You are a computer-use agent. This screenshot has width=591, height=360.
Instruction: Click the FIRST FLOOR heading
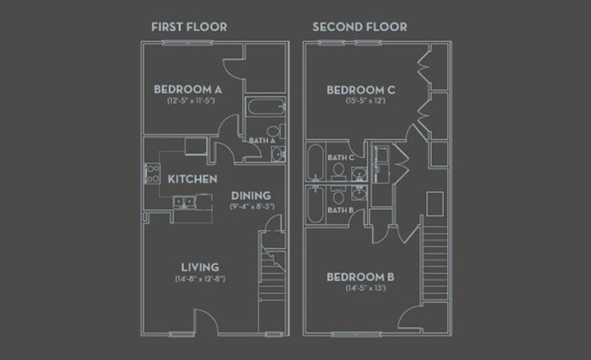pyautogui.click(x=189, y=27)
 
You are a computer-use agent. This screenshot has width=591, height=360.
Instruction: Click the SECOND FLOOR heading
pyautogui.click(x=359, y=27)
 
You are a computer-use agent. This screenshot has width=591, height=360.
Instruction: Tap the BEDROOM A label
pyautogui.click(x=188, y=89)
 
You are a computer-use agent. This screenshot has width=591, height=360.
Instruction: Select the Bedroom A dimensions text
pyautogui.click(x=188, y=102)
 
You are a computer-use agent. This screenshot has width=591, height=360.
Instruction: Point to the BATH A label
pyautogui.click(x=261, y=140)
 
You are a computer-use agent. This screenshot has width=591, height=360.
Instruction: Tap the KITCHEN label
pyautogui.click(x=192, y=179)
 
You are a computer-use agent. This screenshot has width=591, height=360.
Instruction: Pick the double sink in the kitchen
pyautogui.click(x=182, y=203)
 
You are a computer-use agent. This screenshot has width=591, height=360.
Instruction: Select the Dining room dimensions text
pyautogui.click(x=252, y=207)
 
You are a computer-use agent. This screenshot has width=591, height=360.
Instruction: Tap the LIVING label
pyautogui.click(x=199, y=266)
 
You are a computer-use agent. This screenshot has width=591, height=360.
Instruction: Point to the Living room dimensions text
pyautogui.click(x=201, y=278)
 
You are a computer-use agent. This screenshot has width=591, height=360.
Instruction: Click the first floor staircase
pyautogui.click(x=272, y=273)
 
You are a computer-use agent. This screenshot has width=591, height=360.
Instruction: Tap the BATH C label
pyautogui.click(x=340, y=157)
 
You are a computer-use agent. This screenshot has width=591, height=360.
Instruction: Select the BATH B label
pyautogui.click(x=340, y=210)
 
